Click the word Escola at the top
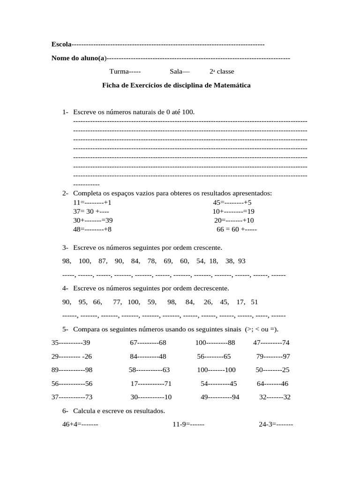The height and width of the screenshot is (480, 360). click(x=61, y=45)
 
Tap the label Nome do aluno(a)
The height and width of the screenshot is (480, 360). click(x=79, y=58)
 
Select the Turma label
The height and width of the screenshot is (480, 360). click(x=120, y=72)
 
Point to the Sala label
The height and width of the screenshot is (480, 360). click(x=176, y=72)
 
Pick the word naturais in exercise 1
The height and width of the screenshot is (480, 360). click(x=139, y=112)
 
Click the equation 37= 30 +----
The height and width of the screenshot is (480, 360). click(x=91, y=211)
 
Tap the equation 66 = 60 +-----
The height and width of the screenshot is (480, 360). click(x=236, y=229)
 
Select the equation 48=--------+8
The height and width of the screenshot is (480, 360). click(x=92, y=229)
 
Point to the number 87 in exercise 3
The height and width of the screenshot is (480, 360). click(x=103, y=261)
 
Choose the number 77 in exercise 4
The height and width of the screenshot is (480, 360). click(x=117, y=302)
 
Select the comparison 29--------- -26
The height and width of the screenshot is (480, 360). click(x=72, y=356)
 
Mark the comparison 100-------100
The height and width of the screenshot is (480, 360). click(x=216, y=370)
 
